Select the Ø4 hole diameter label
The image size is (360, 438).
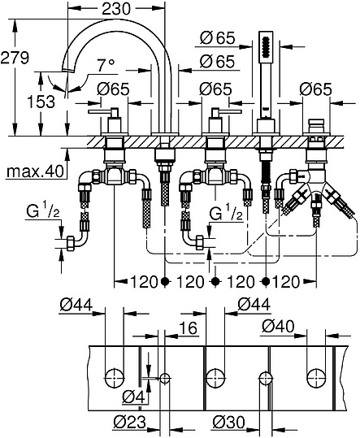point(134,397)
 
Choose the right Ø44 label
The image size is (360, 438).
point(254,305)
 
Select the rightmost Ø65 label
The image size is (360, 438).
point(315,89)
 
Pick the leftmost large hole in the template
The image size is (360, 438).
point(115,376)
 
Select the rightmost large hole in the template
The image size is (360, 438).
point(315,376)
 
